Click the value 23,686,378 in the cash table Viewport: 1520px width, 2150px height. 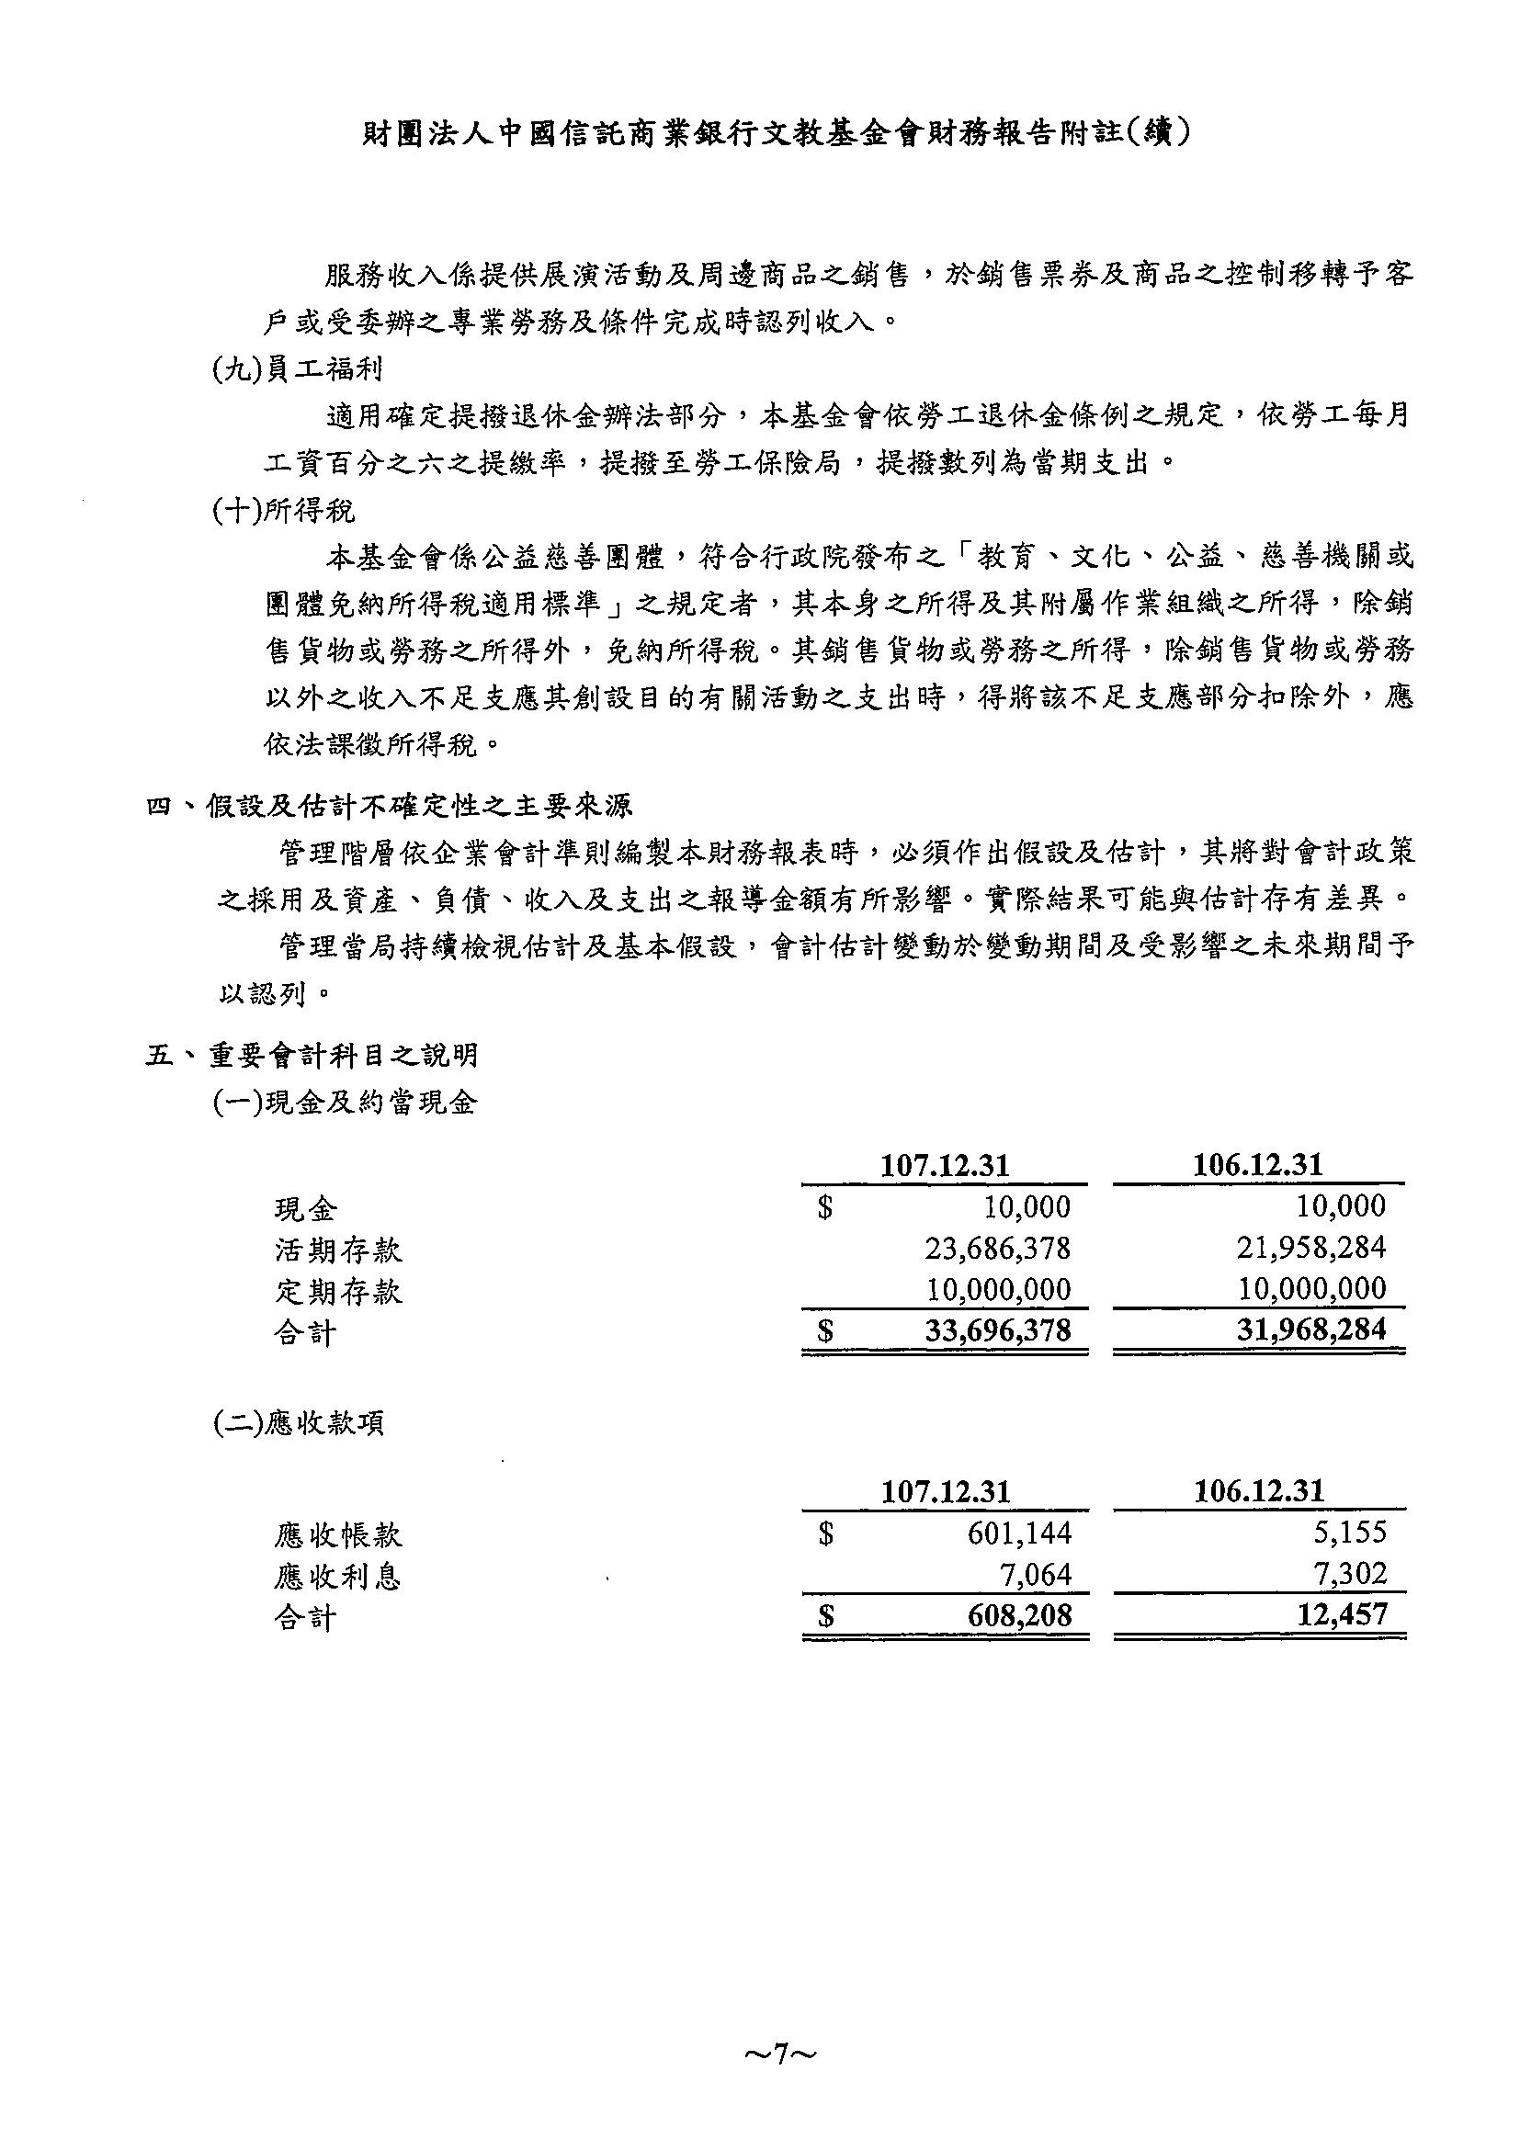997,1249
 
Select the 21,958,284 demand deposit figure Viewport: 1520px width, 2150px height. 1311,1249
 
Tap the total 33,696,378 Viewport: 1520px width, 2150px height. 997,1330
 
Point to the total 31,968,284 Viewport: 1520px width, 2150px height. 1311,1330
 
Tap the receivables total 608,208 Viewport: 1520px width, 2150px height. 1019,1616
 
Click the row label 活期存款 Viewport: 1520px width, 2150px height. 338,1250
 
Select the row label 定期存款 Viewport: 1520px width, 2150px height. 338,1292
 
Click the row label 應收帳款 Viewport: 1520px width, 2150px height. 338,1534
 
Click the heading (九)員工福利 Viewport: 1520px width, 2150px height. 297,370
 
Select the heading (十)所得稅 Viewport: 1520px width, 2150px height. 284,511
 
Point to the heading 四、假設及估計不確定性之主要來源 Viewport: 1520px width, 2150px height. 390,807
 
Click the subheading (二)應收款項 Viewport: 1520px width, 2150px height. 298,1424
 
